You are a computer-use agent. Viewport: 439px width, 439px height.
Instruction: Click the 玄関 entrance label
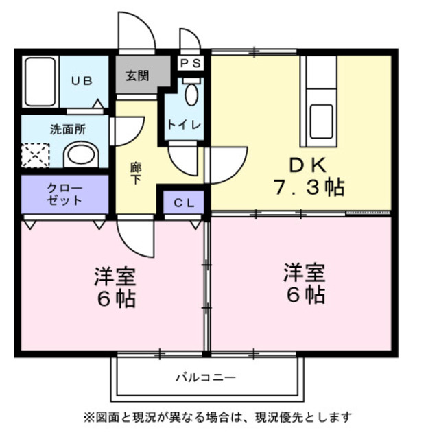(x=137, y=75)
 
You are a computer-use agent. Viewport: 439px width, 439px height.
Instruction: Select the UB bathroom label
(x=82, y=80)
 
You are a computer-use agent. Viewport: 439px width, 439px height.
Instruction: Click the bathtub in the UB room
(x=40, y=82)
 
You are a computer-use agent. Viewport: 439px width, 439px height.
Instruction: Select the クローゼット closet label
(x=64, y=195)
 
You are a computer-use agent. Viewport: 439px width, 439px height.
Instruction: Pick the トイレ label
(x=184, y=124)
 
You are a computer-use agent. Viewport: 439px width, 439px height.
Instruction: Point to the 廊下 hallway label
(x=137, y=171)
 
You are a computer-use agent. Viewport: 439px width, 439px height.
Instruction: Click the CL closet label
(x=183, y=202)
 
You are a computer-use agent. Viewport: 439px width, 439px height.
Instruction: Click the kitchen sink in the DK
(x=320, y=121)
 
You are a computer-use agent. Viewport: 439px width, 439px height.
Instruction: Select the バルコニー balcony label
(x=206, y=377)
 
